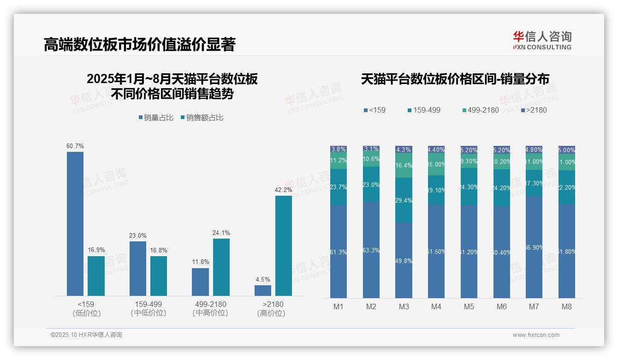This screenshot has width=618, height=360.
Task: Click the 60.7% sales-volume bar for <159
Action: tap(75, 223)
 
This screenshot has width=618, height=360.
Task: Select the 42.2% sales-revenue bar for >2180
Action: tap(284, 246)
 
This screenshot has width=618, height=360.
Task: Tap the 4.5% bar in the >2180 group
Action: tap(263, 290)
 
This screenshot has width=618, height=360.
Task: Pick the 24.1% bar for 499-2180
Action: tap(221, 267)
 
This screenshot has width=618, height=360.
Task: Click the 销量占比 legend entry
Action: tap(156, 118)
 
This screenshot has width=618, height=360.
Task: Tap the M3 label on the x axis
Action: tap(404, 307)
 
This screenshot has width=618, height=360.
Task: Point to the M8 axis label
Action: tap(567, 307)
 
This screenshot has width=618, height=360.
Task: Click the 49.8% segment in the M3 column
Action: tap(404, 260)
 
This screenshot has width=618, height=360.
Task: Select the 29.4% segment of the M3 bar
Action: tap(404, 200)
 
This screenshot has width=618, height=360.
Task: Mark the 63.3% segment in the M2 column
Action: tap(371, 250)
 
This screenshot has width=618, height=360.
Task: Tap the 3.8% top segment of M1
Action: tap(339, 150)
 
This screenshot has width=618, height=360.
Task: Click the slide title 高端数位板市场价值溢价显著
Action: tap(139, 44)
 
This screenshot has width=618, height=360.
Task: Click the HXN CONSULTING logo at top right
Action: tap(542, 40)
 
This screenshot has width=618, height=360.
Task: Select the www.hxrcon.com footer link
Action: tap(536, 335)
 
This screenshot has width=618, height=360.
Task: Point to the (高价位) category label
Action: tap(271, 313)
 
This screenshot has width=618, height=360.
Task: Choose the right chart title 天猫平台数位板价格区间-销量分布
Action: tap(455, 79)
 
